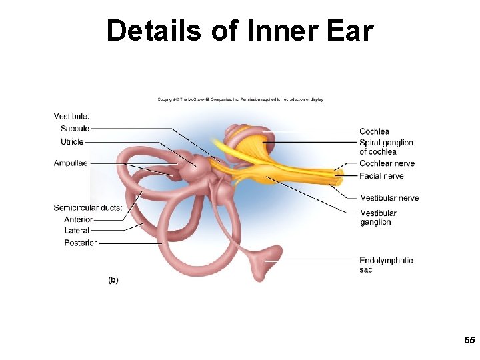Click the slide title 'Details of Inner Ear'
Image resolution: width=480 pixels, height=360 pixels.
pyautogui.click(x=240, y=31)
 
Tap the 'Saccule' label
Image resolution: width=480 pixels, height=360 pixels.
pyautogui.click(x=75, y=129)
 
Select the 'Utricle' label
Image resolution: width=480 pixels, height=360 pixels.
pyautogui.click(x=72, y=142)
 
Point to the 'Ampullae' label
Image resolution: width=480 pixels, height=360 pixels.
pyautogui.click(x=71, y=163)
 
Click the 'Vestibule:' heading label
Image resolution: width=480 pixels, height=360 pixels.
pyautogui.click(x=71, y=117)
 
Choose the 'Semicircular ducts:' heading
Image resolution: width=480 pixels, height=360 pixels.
pyautogui.click(x=88, y=208)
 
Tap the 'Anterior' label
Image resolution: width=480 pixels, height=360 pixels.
pyautogui.click(x=78, y=219)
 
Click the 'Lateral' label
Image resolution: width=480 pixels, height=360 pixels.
pyautogui.click(x=77, y=231)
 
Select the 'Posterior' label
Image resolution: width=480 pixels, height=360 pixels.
pyautogui.click(x=81, y=243)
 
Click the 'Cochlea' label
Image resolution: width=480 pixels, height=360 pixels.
pyautogui.click(x=374, y=131)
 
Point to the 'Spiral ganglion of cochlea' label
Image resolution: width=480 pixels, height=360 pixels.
pyautogui.click(x=386, y=147)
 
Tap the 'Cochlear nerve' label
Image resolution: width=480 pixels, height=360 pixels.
pyautogui.click(x=387, y=163)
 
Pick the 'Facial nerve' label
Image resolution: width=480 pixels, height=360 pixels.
pyautogui.click(x=381, y=176)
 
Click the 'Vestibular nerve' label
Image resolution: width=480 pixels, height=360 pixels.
pyautogui.click(x=389, y=198)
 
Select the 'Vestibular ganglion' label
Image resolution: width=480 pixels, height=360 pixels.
pyautogui.click(x=378, y=217)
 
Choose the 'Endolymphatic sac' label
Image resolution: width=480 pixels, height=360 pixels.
pyautogui.click(x=386, y=265)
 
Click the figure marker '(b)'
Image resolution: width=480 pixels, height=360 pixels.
pyautogui.click(x=113, y=280)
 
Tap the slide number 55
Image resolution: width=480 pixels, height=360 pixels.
pyautogui.click(x=469, y=340)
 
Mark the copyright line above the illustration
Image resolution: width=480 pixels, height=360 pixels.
pyautogui.click(x=241, y=99)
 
